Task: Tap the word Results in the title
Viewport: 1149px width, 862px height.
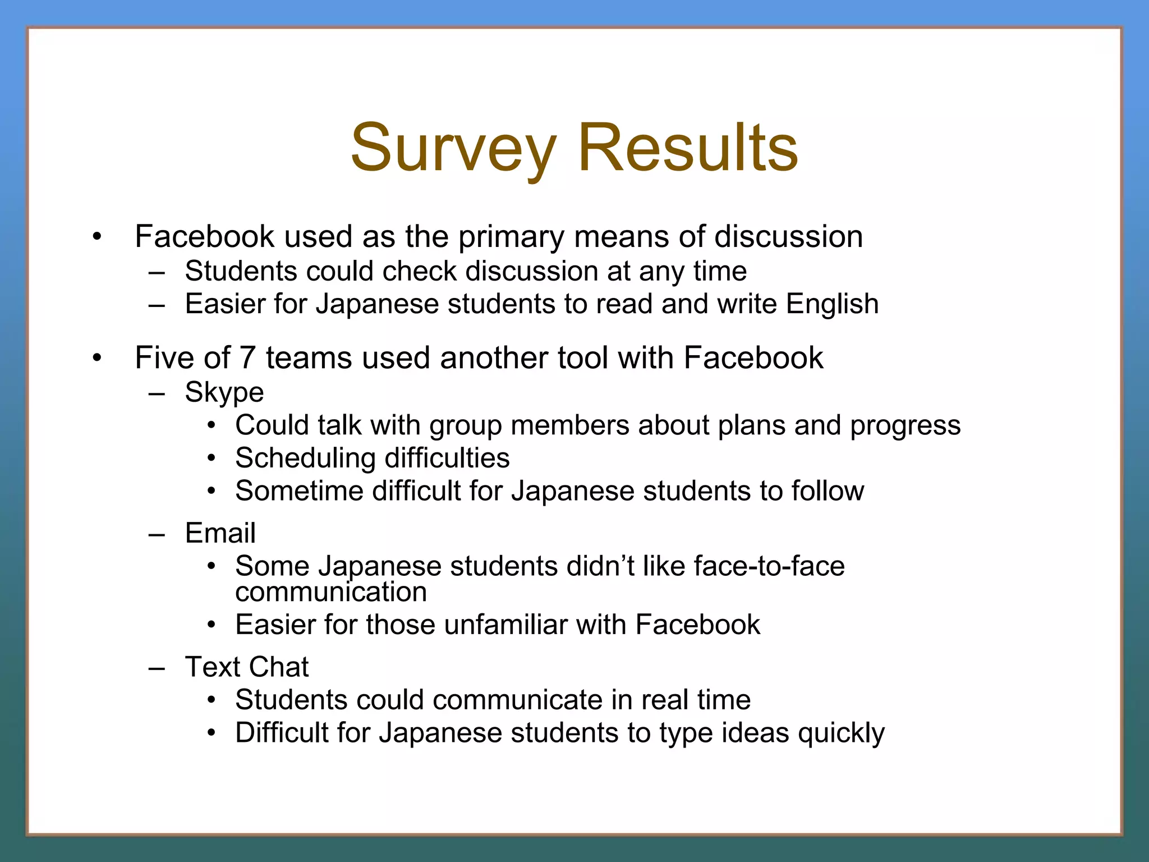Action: (687, 148)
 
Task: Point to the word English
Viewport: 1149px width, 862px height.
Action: (832, 305)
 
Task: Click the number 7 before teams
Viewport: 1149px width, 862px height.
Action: (247, 357)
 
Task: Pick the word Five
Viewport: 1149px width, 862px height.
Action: (165, 357)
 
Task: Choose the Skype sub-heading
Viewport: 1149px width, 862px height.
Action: (224, 392)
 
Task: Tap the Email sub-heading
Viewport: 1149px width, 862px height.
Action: (220, 533)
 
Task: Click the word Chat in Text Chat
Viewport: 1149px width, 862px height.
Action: (278, 667)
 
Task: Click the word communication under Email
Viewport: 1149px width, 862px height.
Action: (331, 592)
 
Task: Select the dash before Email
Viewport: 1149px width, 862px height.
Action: (157, 534)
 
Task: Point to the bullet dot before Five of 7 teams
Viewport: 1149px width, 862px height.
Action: (98, 357)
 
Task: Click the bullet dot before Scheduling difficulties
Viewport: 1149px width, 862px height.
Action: (211, 458)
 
